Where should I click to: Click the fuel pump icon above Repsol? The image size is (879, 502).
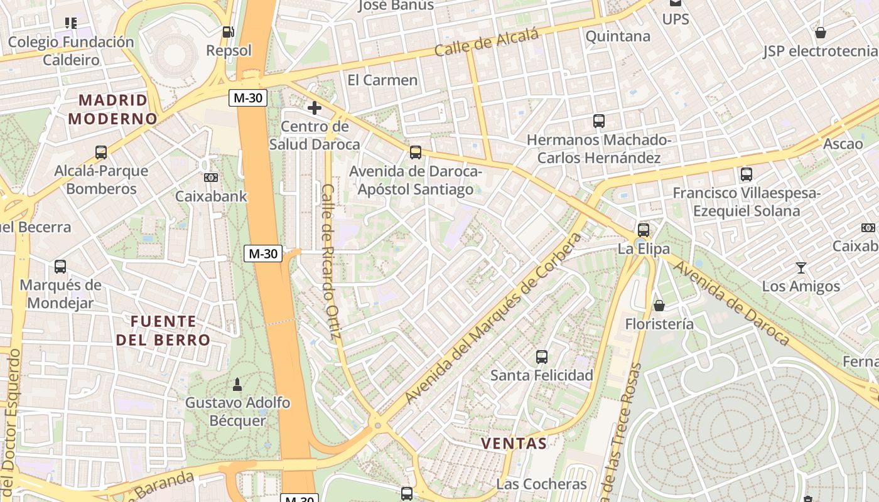(229, 31)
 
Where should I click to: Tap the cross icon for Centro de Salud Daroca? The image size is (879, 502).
(315, 108)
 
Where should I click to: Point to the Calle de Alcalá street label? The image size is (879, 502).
(487, 42)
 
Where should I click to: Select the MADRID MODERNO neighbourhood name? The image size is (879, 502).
(113, 109)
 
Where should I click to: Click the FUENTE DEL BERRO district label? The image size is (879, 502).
(163, 331)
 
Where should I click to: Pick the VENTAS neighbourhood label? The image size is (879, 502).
(514, 443)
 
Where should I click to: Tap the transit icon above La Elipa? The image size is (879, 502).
(644, 230)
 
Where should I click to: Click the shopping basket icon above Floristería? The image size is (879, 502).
(659, 306)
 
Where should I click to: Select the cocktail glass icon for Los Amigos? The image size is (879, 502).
(801, 268)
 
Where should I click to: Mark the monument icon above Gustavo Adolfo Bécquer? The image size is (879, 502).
(237, 383)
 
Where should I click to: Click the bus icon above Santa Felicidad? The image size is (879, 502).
(541, 357)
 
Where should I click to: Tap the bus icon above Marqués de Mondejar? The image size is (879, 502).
(60, 267)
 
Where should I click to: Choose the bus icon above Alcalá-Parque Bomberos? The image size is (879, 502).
(101, 152)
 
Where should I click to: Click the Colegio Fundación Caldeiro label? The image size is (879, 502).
(71, 51)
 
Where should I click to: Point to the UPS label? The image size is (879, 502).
(676, 19)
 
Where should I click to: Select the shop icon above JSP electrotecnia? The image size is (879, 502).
(820, 33)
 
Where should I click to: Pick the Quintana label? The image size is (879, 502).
(618, 36)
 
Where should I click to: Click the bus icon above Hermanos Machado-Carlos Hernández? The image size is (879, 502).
(599, 120)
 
